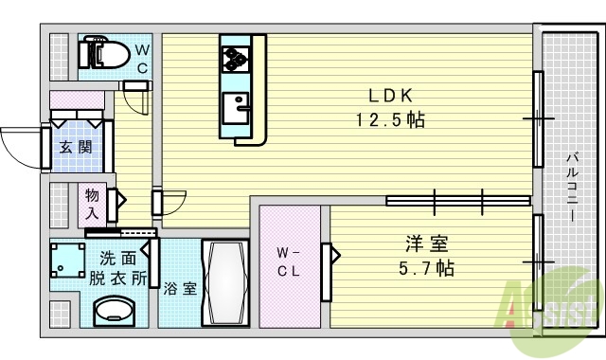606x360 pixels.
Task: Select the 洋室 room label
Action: click(425, 243)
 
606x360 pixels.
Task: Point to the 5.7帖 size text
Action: click(425, 267)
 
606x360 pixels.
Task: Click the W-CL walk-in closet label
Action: click(290, 261)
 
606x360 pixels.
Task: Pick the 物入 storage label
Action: click(92, 204)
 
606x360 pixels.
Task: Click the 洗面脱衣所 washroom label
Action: click(118, 267)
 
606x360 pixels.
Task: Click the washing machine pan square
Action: click(67, 259)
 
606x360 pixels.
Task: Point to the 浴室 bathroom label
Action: click(179, 289)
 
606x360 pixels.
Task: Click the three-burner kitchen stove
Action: click(234, 56)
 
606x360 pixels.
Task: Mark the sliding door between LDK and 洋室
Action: click(458, 200)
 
